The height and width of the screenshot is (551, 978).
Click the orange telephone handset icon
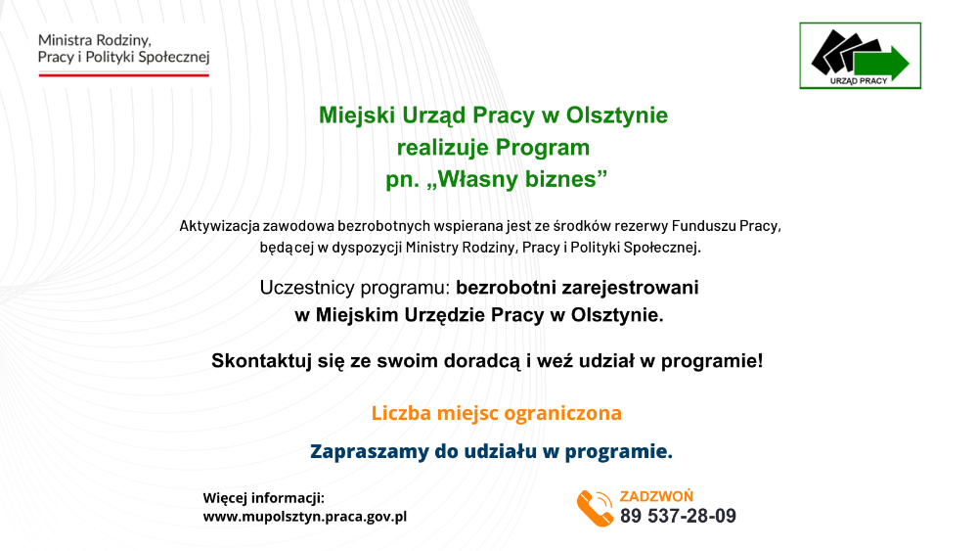[x=595, y=509]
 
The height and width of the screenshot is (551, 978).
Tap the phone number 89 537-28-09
[x=678, y=516]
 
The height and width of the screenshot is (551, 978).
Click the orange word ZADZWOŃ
[x=656, y=496]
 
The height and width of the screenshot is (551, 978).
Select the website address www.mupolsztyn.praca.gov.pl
[x=305, y=517]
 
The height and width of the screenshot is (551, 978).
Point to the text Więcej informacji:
[x=264, y=498]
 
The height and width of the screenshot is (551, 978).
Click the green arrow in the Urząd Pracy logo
[x=881, y=63]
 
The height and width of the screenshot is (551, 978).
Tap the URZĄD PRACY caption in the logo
[x=859, y=81]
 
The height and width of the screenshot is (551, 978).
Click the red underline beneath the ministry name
[x=124, y=75]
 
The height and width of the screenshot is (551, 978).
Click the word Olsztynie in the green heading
[x=617, y=115]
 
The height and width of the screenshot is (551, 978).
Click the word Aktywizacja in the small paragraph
[x=219, y=226]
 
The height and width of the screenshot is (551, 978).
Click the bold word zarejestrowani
[x=630, y=288]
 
